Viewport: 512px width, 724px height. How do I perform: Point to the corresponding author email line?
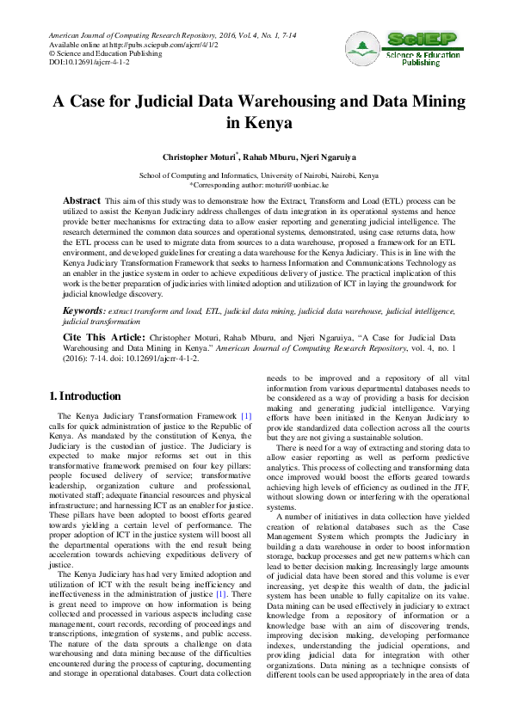click(255, 183)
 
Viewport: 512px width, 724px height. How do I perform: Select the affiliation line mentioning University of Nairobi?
click(256, 174)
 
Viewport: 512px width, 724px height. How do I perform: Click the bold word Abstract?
click(83, 200)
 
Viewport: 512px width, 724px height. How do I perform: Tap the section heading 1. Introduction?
click(85, 396)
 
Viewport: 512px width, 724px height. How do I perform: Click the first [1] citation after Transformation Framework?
click(245, 416)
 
